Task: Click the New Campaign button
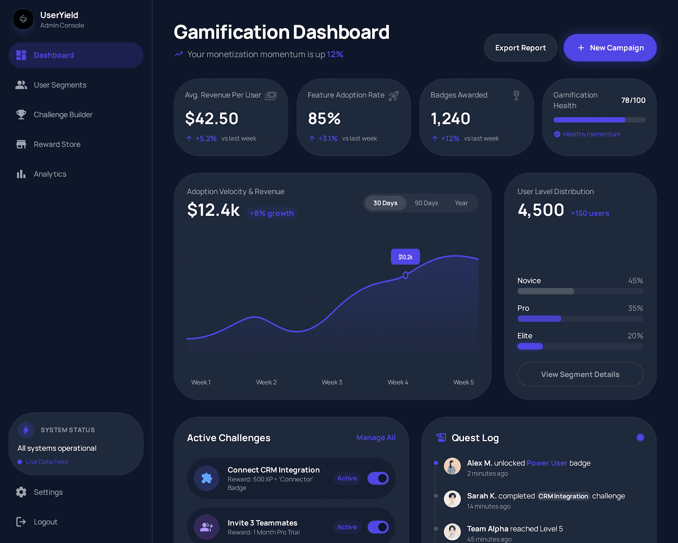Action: point(610,48)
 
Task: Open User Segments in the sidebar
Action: point(60,85)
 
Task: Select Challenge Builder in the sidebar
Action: point(63,115)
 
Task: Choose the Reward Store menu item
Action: point(57,144)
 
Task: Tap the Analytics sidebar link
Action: point(50,174)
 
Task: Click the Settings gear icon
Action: point(21,492)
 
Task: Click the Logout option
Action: point(45,522)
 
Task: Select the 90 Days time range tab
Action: point(426,203)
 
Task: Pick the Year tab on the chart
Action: point(461,203)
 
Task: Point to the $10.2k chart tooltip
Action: point(405,257)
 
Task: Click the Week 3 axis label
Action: point(332,382)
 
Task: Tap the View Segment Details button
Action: point(580,375)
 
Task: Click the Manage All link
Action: point(375,438)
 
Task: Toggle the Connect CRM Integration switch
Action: point(378,479)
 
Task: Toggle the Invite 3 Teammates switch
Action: point(378,527)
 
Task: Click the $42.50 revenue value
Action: point(211,119)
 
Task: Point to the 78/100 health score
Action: point(633,101)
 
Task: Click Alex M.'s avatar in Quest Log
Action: point(452,466)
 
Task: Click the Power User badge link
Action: point(547,463)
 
